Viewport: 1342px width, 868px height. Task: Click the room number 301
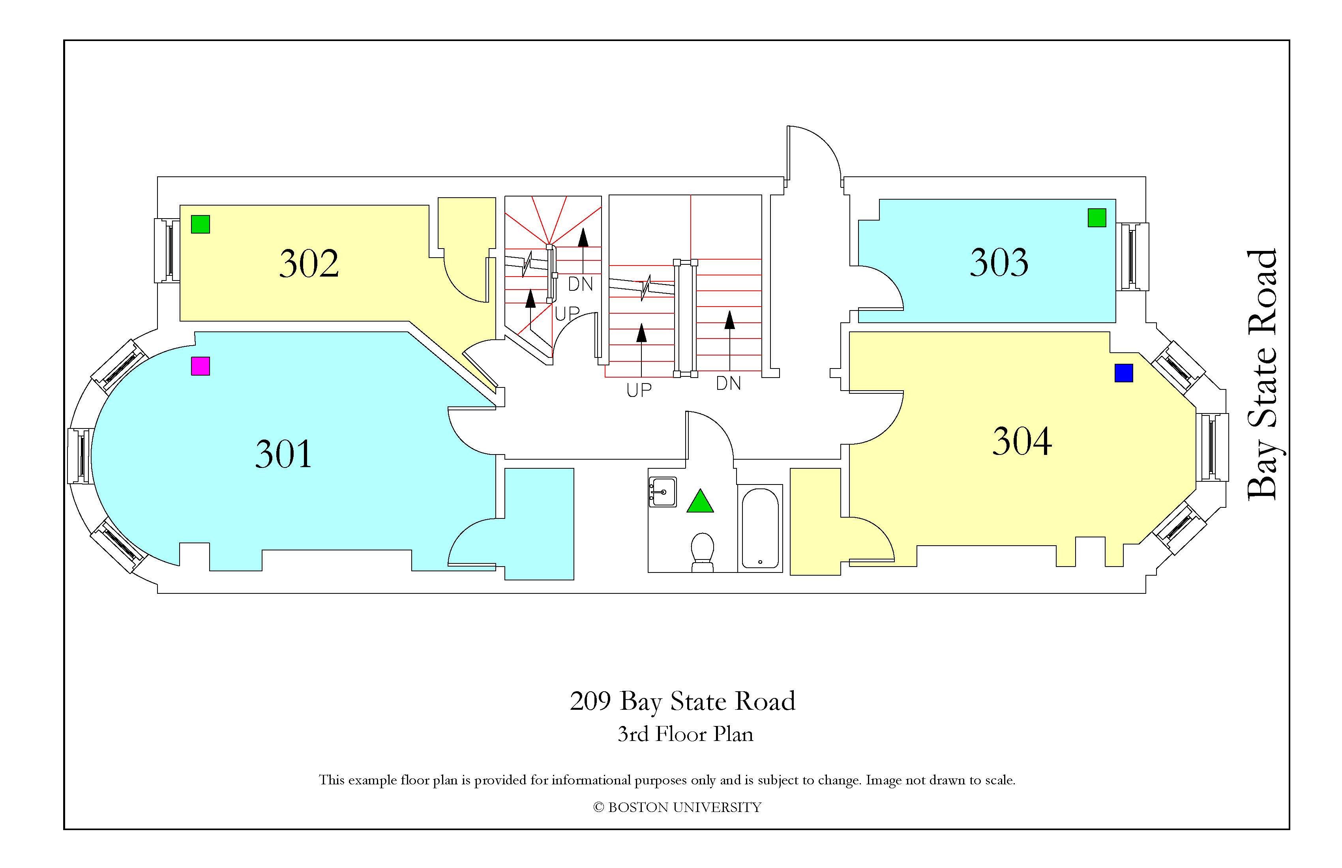pos(284,454)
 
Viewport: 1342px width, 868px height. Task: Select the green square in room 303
pos(1097,217)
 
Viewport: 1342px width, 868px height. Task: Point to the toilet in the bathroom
pos(703,552)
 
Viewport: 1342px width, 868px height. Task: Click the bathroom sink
pos(663,492)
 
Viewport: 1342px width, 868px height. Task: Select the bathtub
pos(760,528)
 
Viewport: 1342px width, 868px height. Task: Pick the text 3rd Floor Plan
pos(685,734)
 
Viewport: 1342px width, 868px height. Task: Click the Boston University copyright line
pos(677,808)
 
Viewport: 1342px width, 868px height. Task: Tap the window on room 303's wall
pos(1132,256)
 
